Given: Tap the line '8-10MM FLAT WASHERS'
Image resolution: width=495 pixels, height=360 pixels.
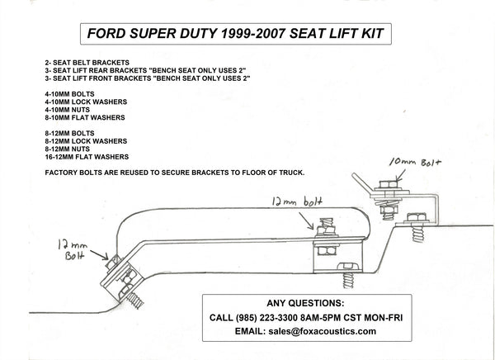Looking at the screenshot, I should pos(85,116).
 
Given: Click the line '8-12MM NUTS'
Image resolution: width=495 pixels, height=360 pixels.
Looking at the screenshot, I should pos(69,149).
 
